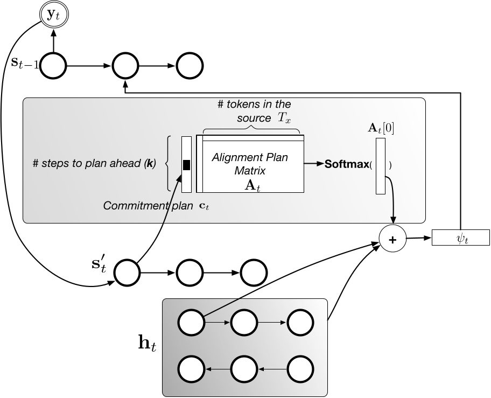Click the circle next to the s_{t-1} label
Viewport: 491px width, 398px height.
pos(53,66)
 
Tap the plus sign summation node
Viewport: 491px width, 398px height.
pos(392,240)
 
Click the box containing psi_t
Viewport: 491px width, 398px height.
pos(460,237)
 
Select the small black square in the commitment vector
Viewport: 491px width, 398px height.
pos(187,165)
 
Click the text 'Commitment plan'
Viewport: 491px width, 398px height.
pos(135,206)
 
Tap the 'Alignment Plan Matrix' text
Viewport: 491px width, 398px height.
pos(250,163)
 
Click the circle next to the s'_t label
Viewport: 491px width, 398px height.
pos(126,271)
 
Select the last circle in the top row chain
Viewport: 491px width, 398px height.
pos(190,67)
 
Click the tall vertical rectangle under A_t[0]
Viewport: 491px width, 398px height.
pos(381,165)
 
